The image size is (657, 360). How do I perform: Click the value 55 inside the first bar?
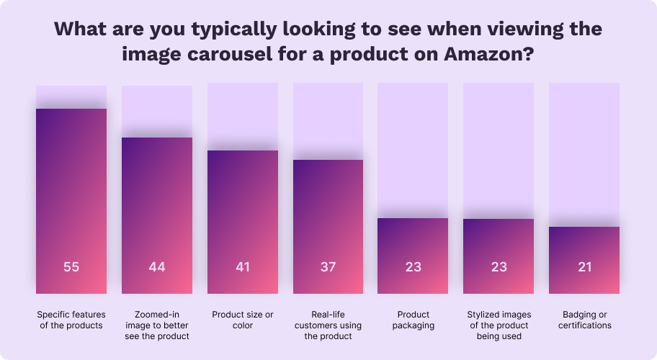click(x=71, y=267)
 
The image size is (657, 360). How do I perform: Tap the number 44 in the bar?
click(x=157, y=267)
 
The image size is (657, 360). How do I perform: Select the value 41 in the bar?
click(x=243, y=267)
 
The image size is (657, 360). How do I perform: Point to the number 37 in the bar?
click(x=328, y=267)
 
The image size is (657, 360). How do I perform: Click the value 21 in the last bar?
click(x=584, y=267)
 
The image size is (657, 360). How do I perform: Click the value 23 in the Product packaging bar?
click(x=413, y=267)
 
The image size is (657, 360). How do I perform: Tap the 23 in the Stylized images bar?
click(x=499, y=267)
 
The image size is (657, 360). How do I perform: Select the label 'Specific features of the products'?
click(x=71, y=320)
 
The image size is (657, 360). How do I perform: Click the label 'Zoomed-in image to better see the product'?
click(x=157, y=325)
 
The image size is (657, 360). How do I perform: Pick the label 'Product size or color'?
click(x=243, y=320)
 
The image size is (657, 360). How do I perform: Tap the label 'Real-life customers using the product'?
click(x=328, y=325)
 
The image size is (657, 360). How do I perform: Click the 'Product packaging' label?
click(x=413, y=320)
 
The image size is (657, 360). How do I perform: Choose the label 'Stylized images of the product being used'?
click(x=499, y=325)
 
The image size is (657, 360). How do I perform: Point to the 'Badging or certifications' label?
click(x=584, y=320)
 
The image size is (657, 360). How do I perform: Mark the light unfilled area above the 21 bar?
click(x=584, y=151)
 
